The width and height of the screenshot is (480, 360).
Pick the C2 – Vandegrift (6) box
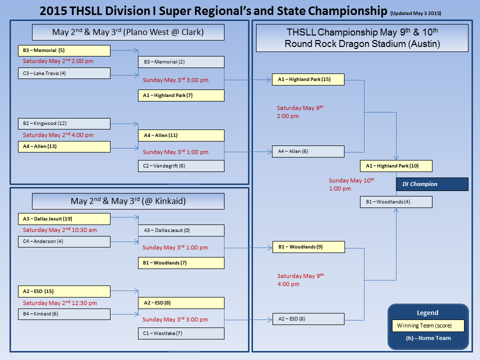tap(181, 166)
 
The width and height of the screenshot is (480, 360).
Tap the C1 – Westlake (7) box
tap(181, 333)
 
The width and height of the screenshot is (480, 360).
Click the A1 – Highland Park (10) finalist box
tap(396, 166)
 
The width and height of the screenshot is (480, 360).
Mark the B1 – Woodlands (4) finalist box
tap(396, 202)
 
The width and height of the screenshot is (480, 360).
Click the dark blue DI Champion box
tap(432, 184)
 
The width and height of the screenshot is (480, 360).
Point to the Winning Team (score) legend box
tap(428, 326)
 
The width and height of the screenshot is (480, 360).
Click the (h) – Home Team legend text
tap(428, 338)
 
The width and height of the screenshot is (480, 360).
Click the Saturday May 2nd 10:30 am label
tap(60, 230)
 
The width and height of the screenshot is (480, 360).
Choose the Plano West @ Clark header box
tap(128, 32)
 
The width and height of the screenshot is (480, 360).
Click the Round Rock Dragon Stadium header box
tap(362, 38)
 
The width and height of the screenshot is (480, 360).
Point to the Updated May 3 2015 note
tap(415, 13)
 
